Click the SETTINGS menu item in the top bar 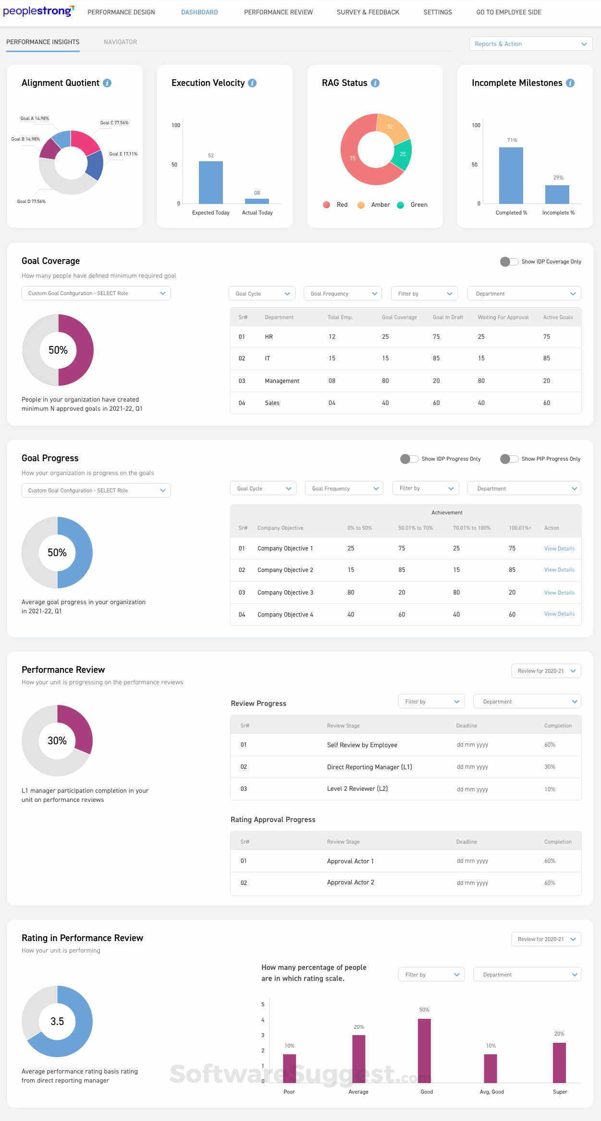(x=437, y=12)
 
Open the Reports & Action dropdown (x=530, y=44)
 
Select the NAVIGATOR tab (x=120, y=42)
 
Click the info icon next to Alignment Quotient (x=107, y=83)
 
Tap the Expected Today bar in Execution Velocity (x=210, y=182)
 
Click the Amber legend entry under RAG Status (x=374, y=205)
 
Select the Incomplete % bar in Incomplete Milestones (x=557, y=194)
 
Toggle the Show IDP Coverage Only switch (x=509, y=262)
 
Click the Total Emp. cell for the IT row (x=332, y=358)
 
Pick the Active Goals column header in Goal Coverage (x=558, y=317)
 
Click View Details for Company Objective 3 (x=559, y=593)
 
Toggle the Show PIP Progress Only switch (x=509, y=459)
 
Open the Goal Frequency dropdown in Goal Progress (x=344, y=489)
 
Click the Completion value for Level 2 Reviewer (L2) (x=550, y=789)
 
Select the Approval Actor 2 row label (x=350, y=882)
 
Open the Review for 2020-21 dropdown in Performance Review (x=546, y=671)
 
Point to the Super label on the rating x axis (x=560, y=1092)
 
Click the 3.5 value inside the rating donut (x=57, y=1021)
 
